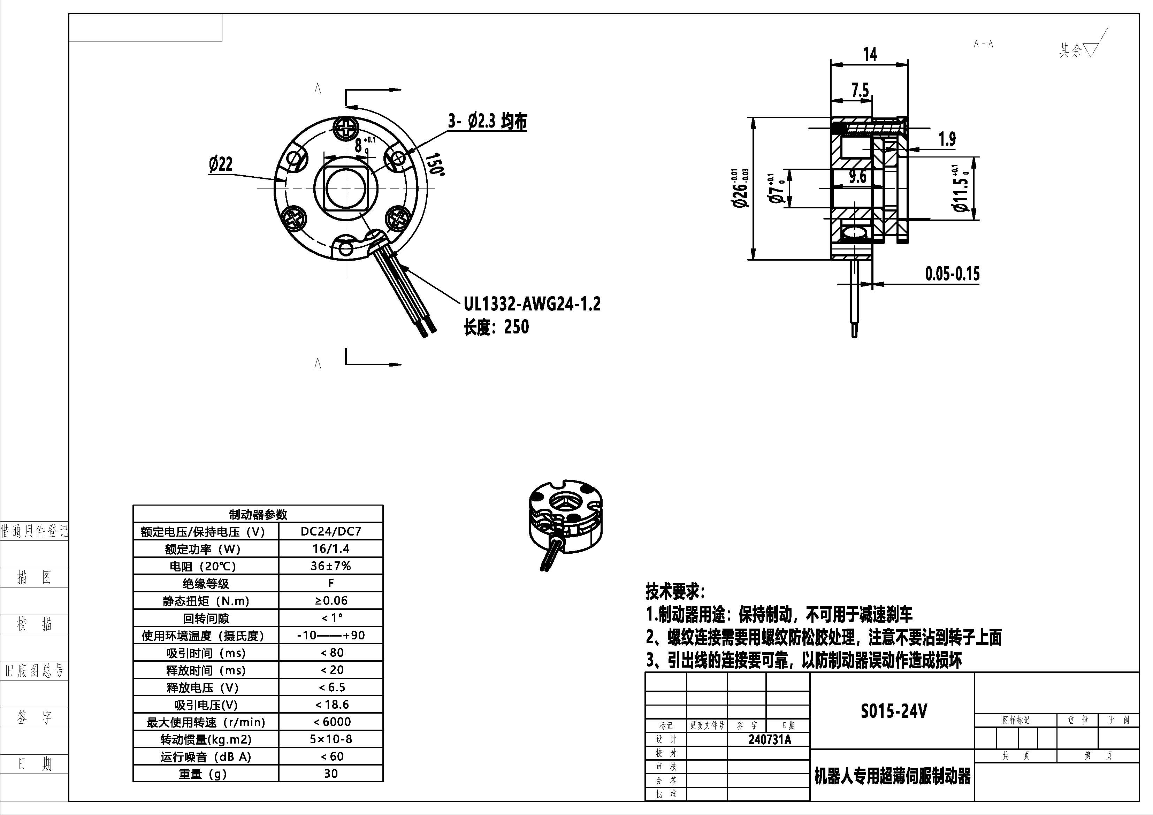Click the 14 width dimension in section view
869,54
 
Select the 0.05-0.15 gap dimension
952,274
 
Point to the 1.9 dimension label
947,139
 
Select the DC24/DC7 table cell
330,531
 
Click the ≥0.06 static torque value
330,601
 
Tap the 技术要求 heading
675,592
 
